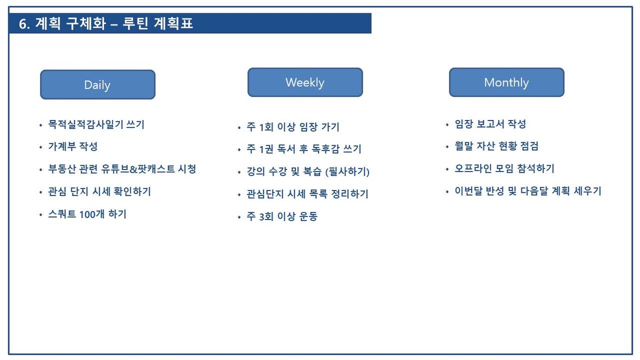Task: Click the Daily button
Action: point(98,85)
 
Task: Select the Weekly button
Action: point(305,82)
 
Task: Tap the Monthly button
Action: point(506,82)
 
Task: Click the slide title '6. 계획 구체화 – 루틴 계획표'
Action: point(106,23)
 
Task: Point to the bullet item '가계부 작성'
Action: point(73,146)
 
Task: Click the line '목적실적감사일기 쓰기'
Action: point(96,124)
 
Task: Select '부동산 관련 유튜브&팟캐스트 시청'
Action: point(122,169)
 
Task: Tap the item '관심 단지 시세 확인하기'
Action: point(99,192)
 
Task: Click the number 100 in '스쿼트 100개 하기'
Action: point(87,214)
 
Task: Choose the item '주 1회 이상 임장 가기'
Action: point(293,127)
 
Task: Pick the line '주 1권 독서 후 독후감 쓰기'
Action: point(304,149)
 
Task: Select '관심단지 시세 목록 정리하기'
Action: point(307,194)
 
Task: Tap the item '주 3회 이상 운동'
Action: point(282,216)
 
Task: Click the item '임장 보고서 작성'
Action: point(491,124)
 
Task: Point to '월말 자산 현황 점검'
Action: point(496,146)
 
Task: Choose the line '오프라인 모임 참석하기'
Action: point(505,168)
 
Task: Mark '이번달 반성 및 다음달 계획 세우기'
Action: point(528,191)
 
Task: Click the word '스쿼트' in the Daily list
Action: point(62,214)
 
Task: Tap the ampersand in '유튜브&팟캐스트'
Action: point(133,169)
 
